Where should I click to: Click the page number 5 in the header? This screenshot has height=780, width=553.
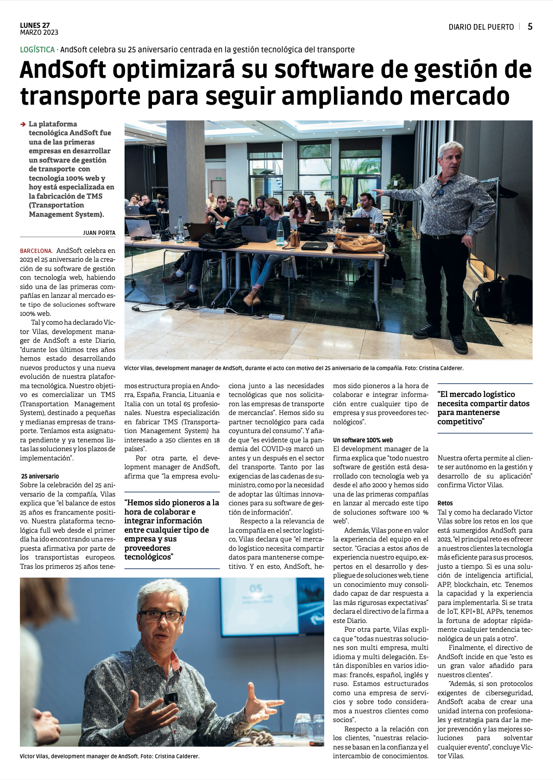(x=530, y=27)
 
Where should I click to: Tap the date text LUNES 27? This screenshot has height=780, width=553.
(x=35, y=25)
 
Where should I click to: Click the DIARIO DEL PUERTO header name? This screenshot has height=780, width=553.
(x=481, y=27)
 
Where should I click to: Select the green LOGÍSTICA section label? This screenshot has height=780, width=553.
(x=37, y=50)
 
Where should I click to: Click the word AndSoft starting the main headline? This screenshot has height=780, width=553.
(x=63, y=70)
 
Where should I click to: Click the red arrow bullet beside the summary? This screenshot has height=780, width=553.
(x=23, y=124)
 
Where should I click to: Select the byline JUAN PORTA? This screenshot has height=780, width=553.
(x=99, y=233)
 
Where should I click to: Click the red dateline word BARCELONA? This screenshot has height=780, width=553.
(x=36, y=251)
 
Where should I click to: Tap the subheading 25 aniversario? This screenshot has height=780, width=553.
(x=40, y=476)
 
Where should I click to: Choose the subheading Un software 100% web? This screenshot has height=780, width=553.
(x=363, y=440)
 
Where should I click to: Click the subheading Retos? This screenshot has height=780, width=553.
(x=445, y=503)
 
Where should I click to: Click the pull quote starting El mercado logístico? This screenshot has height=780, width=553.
(x=483, y=408)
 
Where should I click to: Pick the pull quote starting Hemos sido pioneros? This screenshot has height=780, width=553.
(x=171, y=529)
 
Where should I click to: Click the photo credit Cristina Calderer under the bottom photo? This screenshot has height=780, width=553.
(x=177, y=756)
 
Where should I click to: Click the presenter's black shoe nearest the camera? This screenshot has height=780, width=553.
(x=460, y=344)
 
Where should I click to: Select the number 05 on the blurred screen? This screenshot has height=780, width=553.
(x=256, y=589)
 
